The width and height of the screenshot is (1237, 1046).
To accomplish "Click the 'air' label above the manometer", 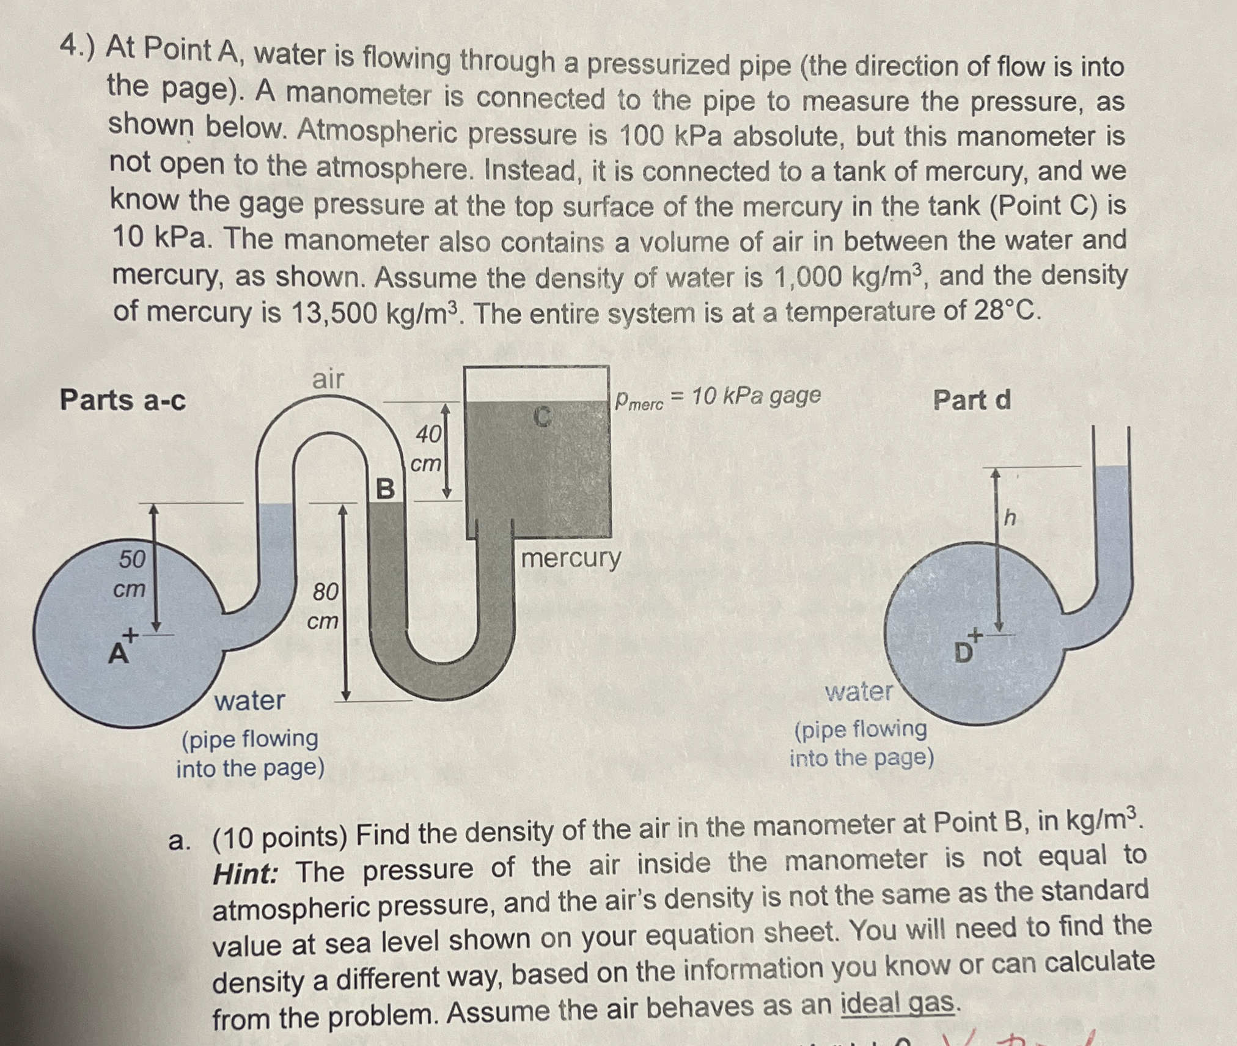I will (x=328, y=379).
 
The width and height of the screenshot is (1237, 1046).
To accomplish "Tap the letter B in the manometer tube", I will (x=385, y=489).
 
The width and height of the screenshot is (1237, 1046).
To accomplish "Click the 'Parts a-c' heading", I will (x=123, y=400).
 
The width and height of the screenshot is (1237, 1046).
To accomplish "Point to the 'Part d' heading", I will (x=972, y=400).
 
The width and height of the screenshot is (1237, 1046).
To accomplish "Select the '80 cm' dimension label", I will (x=324, y=606).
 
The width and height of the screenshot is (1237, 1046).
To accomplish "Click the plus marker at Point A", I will (x=130, y=636).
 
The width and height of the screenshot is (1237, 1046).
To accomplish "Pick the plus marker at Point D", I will (x=975, y=636).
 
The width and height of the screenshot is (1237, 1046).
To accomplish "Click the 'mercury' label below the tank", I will (x=571, y=558).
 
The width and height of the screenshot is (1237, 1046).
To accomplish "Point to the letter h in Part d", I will (x=1010, y=518).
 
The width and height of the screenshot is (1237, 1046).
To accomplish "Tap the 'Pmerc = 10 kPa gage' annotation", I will (x=718, y=397).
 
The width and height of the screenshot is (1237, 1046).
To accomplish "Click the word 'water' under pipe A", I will (x=249, y=700).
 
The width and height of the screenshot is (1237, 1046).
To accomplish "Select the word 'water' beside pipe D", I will (x=859, y=692).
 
